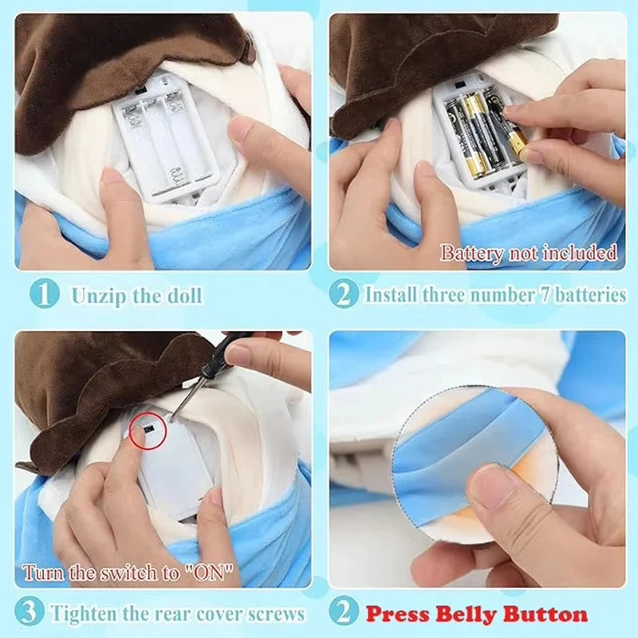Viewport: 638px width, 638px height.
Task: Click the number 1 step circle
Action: (x=45, y=293)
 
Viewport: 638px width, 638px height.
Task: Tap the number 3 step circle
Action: (x=29, y=612)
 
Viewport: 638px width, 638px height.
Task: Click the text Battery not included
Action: (x=529, y=253)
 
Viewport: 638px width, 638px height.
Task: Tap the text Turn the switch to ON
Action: (x=128, y=573)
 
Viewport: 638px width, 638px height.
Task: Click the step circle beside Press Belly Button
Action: (x=344, y=612)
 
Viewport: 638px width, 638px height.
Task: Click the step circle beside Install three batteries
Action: (x=344, y=293)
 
